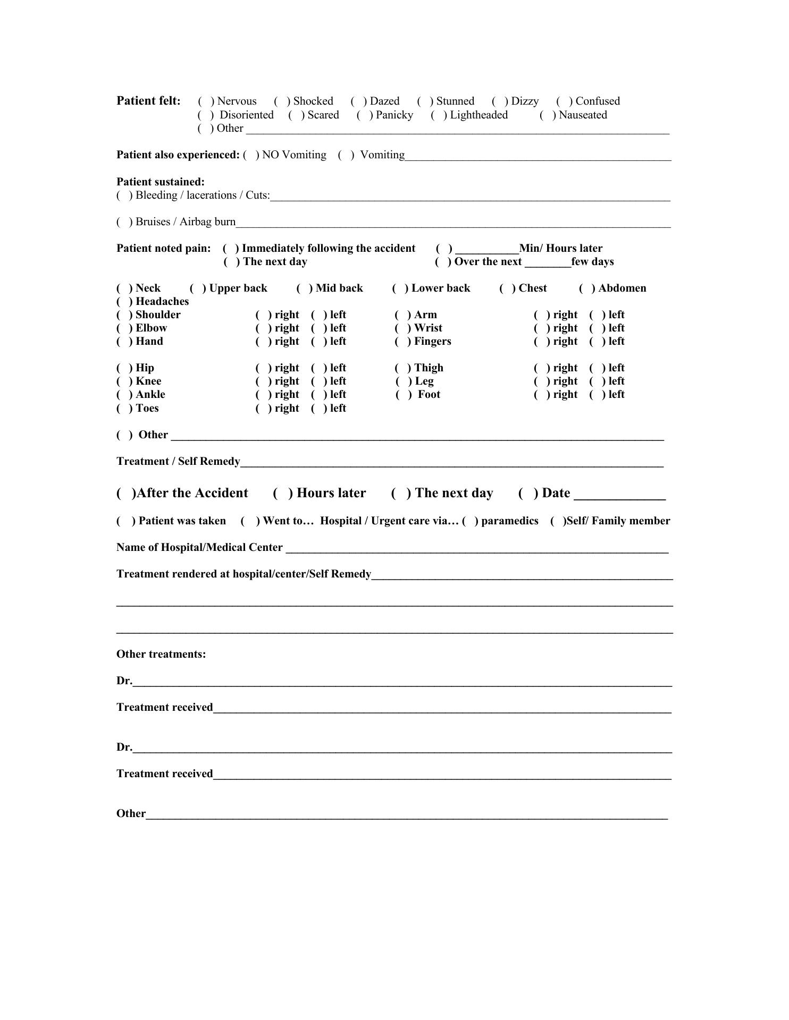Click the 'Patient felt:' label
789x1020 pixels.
[x=148, y=101]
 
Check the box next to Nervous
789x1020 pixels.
[x=206, y=101]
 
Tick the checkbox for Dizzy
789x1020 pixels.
[x=499, y=101]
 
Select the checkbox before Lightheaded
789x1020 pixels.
[x=439, y=115]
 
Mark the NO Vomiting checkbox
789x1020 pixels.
[x=250, y=155]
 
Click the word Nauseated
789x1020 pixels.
[x=583, y=115]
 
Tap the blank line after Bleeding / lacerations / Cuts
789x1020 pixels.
[x=470, y=197]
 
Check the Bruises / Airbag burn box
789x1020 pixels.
[x=124, y=222]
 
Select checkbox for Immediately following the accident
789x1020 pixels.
[x=231, y=249]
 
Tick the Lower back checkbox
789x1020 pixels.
[x=400, y=288]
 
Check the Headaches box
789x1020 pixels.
[x=124, y=302]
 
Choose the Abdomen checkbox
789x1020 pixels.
[x=587, y=288]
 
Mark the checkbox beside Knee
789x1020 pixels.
[x=124, y=381]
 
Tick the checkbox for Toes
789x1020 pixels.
[x=124, y=409]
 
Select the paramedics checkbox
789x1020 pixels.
[x=469, y=521]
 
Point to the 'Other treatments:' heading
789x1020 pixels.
[x=161, y=654]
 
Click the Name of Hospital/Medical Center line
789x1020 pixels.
[x=476, y=549]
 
